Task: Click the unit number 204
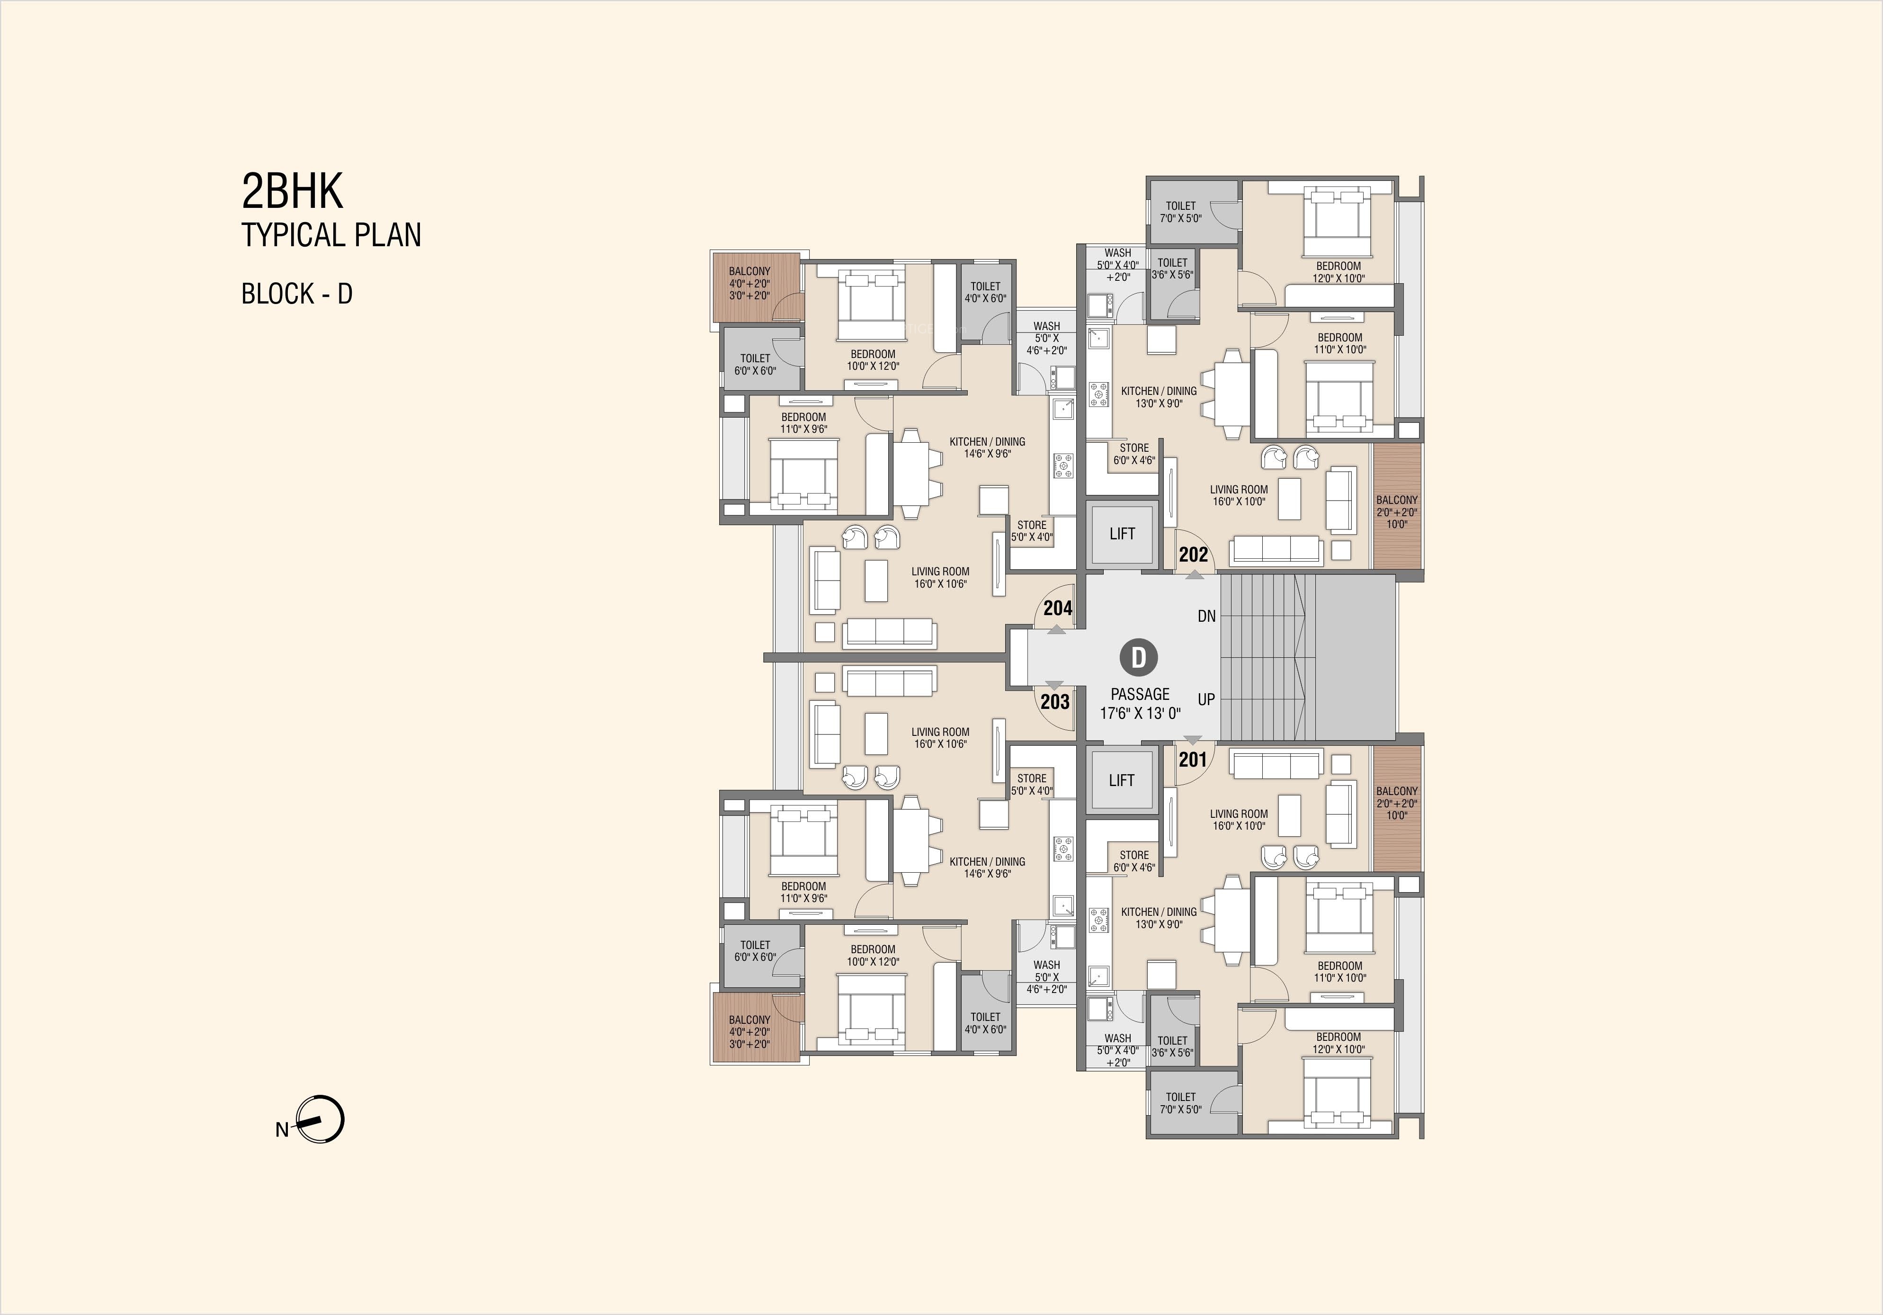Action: [1058, 608]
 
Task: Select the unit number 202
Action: [1193, 555]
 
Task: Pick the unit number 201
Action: [1193, 760]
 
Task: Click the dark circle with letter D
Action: [1138, 657]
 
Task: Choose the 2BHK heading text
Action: [292, 191]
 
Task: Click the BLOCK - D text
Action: [297, 294]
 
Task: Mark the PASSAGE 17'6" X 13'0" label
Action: [1140, 703]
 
